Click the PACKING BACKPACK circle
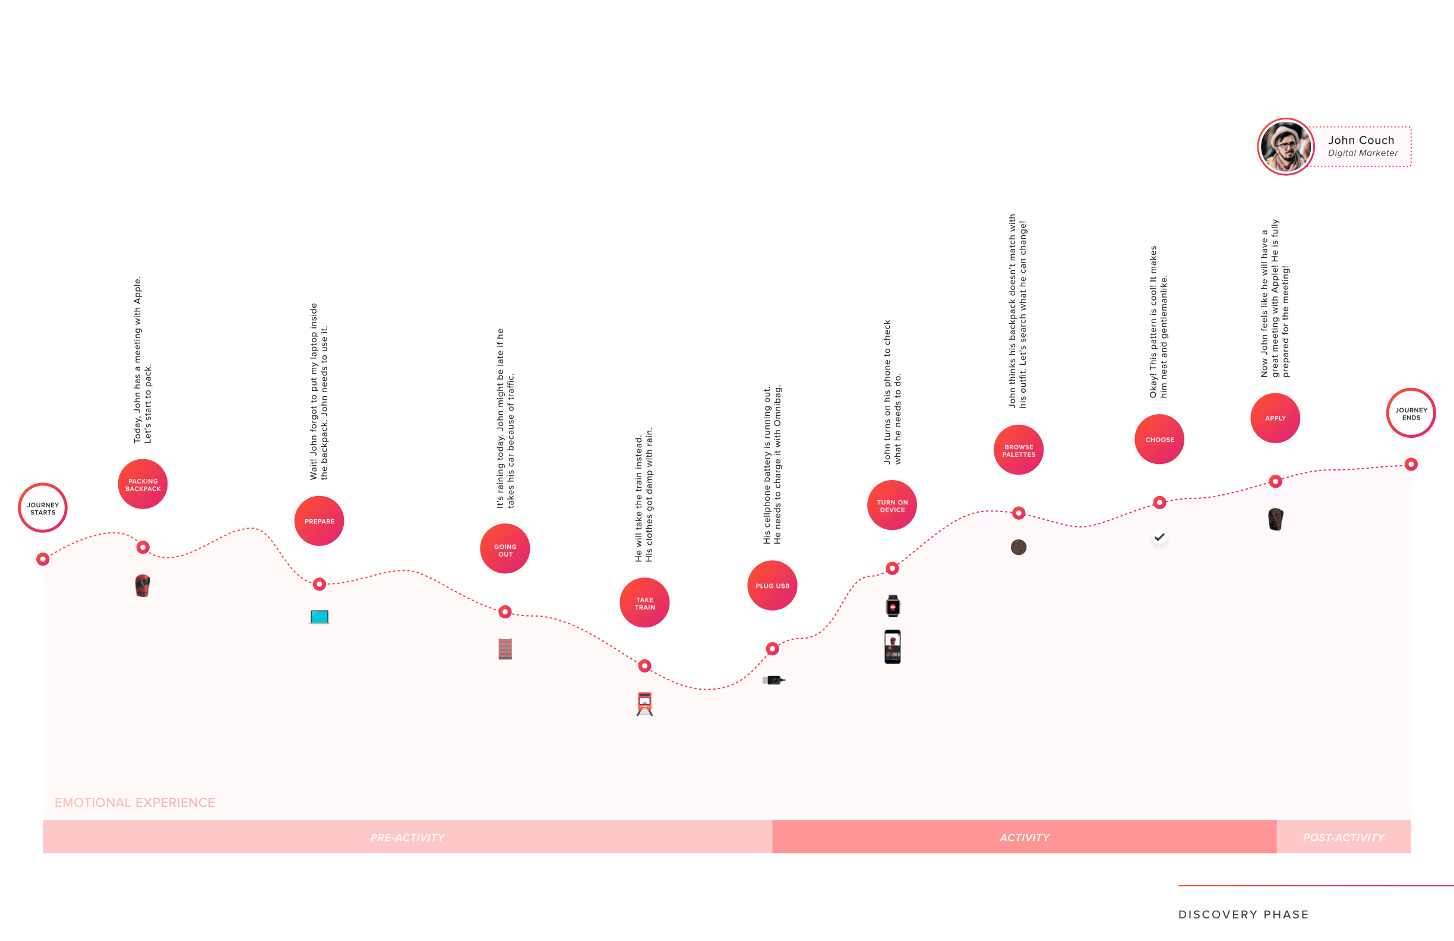point(143,484)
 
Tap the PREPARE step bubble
point(319,521)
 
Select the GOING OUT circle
point(505,549)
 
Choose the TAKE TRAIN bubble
point(644,602)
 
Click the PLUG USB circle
point(772,585)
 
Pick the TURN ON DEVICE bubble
point(892,506)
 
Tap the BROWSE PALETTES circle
point(1019,450)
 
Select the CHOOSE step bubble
point(1159,440)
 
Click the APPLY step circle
point(1275,419)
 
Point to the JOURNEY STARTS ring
point(43,485)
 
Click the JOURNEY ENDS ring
point(1411,390)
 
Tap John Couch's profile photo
point(1285,147)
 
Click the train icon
point(644,704)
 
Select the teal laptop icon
point(319,617)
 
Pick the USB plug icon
point(773,680)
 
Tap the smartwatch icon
point(893,606)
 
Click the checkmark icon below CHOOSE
point(1159,537)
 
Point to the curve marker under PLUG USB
point(772,649)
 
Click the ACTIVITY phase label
point(1024,838)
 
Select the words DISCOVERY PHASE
point(1243,915)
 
